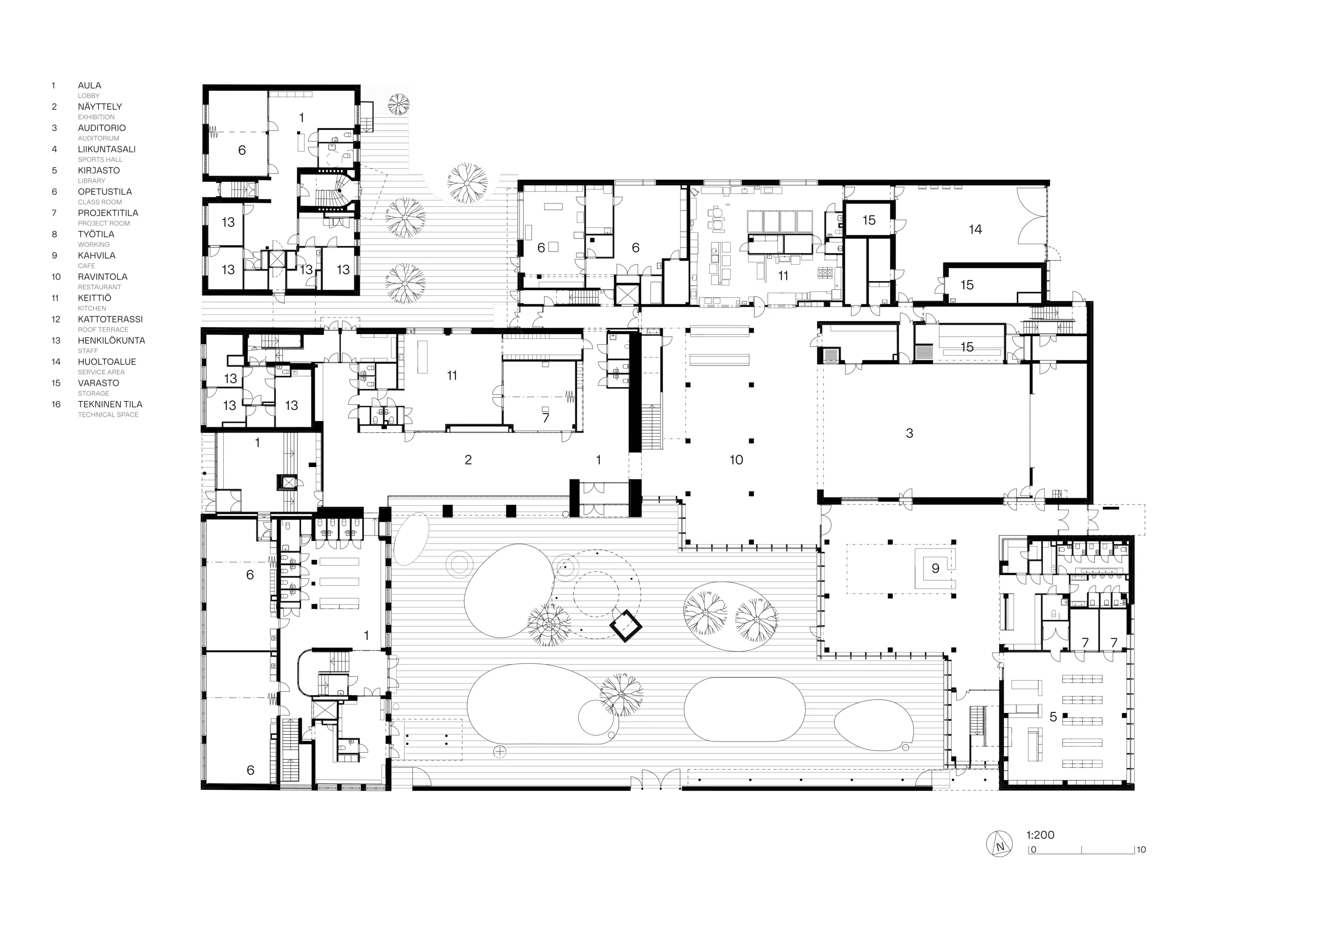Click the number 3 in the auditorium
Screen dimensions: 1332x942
pyautogui.click(x=909, y=433)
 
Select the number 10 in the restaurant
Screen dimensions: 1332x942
pyautogui.click(x=736, y=460)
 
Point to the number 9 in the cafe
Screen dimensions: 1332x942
pyautogui.click(x=935, y=569)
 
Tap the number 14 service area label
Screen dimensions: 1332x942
pyautogui.click(x=975, y=230)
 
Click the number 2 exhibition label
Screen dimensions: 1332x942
pyautogui.click(x=468, y=460)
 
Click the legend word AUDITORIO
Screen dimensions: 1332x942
pyautogui.click(x=101, y=128)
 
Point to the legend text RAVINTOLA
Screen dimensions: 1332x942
pyautogui.click(x=103, y=277)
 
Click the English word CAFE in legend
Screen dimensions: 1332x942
pyautogui.click(x=86, y=266)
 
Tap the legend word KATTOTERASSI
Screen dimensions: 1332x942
pyautogui.click(x=110, y=319)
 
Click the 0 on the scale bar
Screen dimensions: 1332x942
pyautogui.click(x=1033, y=850)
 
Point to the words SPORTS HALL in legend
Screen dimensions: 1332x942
pyautogui.click(x=100, y=160)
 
